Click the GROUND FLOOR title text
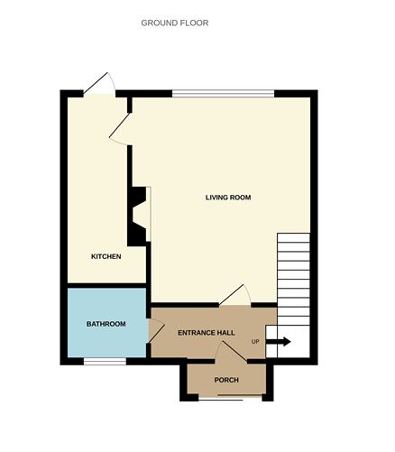[174, 23]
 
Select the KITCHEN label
[106, 257]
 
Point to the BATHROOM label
[106, 324]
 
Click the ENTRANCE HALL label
[206, 333]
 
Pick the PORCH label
[226, 380]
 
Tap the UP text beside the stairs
[256, 342]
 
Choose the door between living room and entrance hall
[236, 295]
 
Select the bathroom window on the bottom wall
[105, 361]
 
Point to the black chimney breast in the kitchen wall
[137, 216]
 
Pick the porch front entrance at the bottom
[226, 397]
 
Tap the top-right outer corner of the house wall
[316, 92]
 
